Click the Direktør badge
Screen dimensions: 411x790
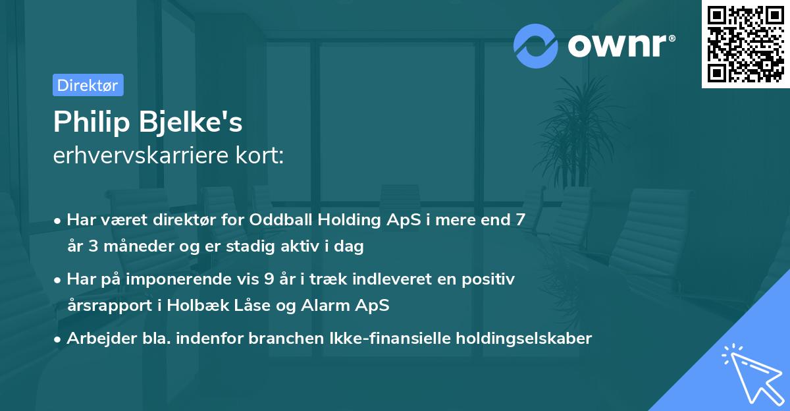click(x=88, y=85)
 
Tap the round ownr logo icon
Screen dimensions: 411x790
click(x=536, y=45)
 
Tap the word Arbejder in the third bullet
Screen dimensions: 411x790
click(x=95, y=339)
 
